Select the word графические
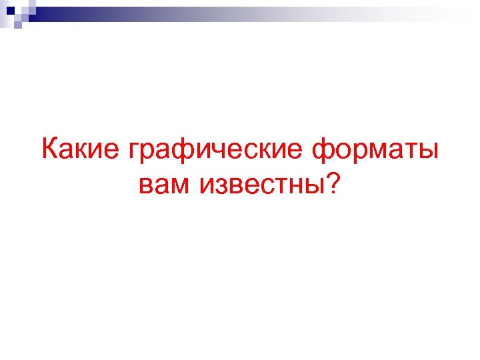(x=214, y=150)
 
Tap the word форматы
(x=375, y=150)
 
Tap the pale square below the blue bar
(x=18, y=24)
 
